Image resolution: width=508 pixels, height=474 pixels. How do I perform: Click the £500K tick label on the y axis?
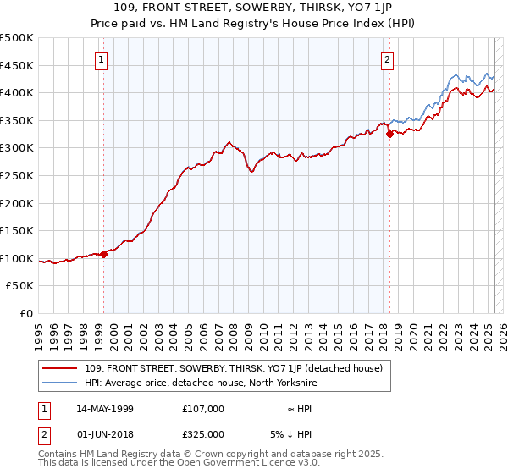pos(17,38)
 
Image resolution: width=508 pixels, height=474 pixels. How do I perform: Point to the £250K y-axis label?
pos(17,175)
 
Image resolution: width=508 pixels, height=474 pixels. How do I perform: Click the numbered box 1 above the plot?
pos(102,59)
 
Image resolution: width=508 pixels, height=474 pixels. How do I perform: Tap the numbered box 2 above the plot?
pos(387,59)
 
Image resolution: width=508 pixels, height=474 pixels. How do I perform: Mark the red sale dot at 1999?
pos(103,254)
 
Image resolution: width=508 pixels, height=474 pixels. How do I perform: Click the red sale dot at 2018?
pos(389,134)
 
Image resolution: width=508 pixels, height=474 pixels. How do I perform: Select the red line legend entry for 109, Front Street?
pos(233,368)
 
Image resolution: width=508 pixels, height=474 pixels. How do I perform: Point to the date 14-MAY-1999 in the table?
pos(105,409)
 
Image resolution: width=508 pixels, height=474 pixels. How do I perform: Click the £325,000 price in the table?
pos(203,434)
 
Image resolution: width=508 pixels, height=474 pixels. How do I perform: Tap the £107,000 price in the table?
pos(203,409)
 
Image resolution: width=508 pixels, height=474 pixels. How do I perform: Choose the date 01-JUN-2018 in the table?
pos(105,434)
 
